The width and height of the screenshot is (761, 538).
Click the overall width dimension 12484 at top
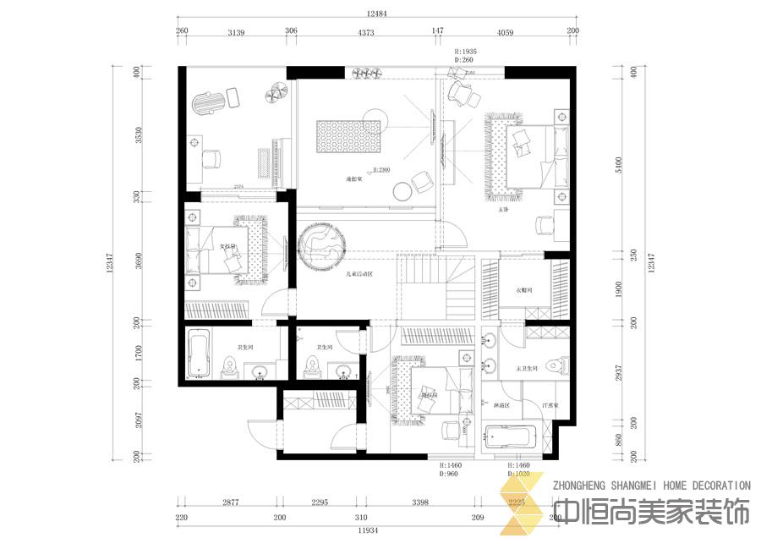pos(376,14)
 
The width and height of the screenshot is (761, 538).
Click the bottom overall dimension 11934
pos(367,530)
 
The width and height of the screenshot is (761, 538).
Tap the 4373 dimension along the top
pos(365,33)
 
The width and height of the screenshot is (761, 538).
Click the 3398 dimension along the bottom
pos(419,503)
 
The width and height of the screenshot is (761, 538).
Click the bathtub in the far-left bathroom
pos(200,354)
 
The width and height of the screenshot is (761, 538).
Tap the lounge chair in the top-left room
pos(211,102)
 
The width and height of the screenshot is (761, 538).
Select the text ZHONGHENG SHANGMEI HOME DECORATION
pos(650,486)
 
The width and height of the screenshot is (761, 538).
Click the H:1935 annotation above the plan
pos(466,52)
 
